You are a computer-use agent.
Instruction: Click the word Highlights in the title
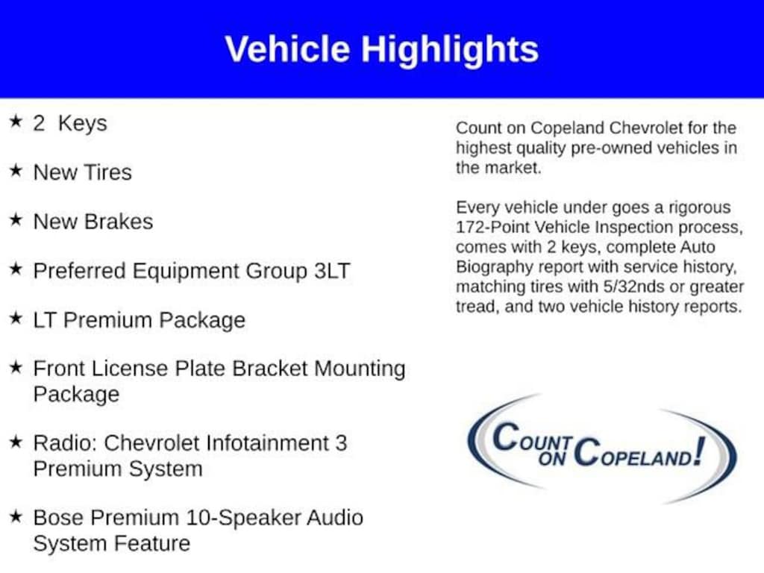coord(449,51)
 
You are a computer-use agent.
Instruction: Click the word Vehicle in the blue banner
coord(287,49)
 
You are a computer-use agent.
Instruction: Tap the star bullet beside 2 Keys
coord(16,121)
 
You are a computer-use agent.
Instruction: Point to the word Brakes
coord(119,222)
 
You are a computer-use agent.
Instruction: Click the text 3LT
coord(332,271)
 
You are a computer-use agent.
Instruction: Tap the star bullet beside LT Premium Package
coord(16,318)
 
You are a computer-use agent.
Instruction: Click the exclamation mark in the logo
coord(699,451)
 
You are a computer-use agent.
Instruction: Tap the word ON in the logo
coord(553,459)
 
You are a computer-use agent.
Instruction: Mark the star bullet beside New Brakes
coord(16,219)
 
